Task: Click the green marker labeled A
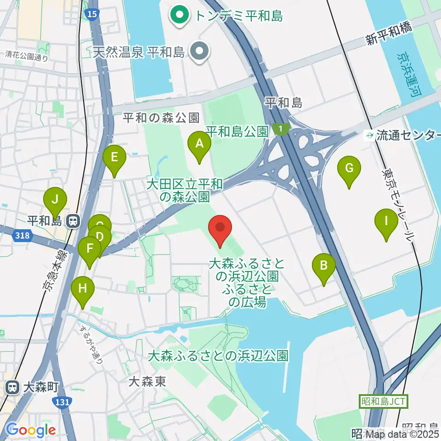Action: point(199,144)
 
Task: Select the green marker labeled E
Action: point(114,158)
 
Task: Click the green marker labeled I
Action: point(386,222)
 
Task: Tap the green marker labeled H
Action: point(83,289)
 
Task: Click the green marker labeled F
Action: point(90,250)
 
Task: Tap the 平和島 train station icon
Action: point(72,221)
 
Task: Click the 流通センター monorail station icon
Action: point(369,135)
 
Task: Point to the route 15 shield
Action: point(92,14)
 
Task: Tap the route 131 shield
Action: point(62,402)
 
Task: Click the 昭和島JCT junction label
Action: point(383,402)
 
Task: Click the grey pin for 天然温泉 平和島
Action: point(200,51)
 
